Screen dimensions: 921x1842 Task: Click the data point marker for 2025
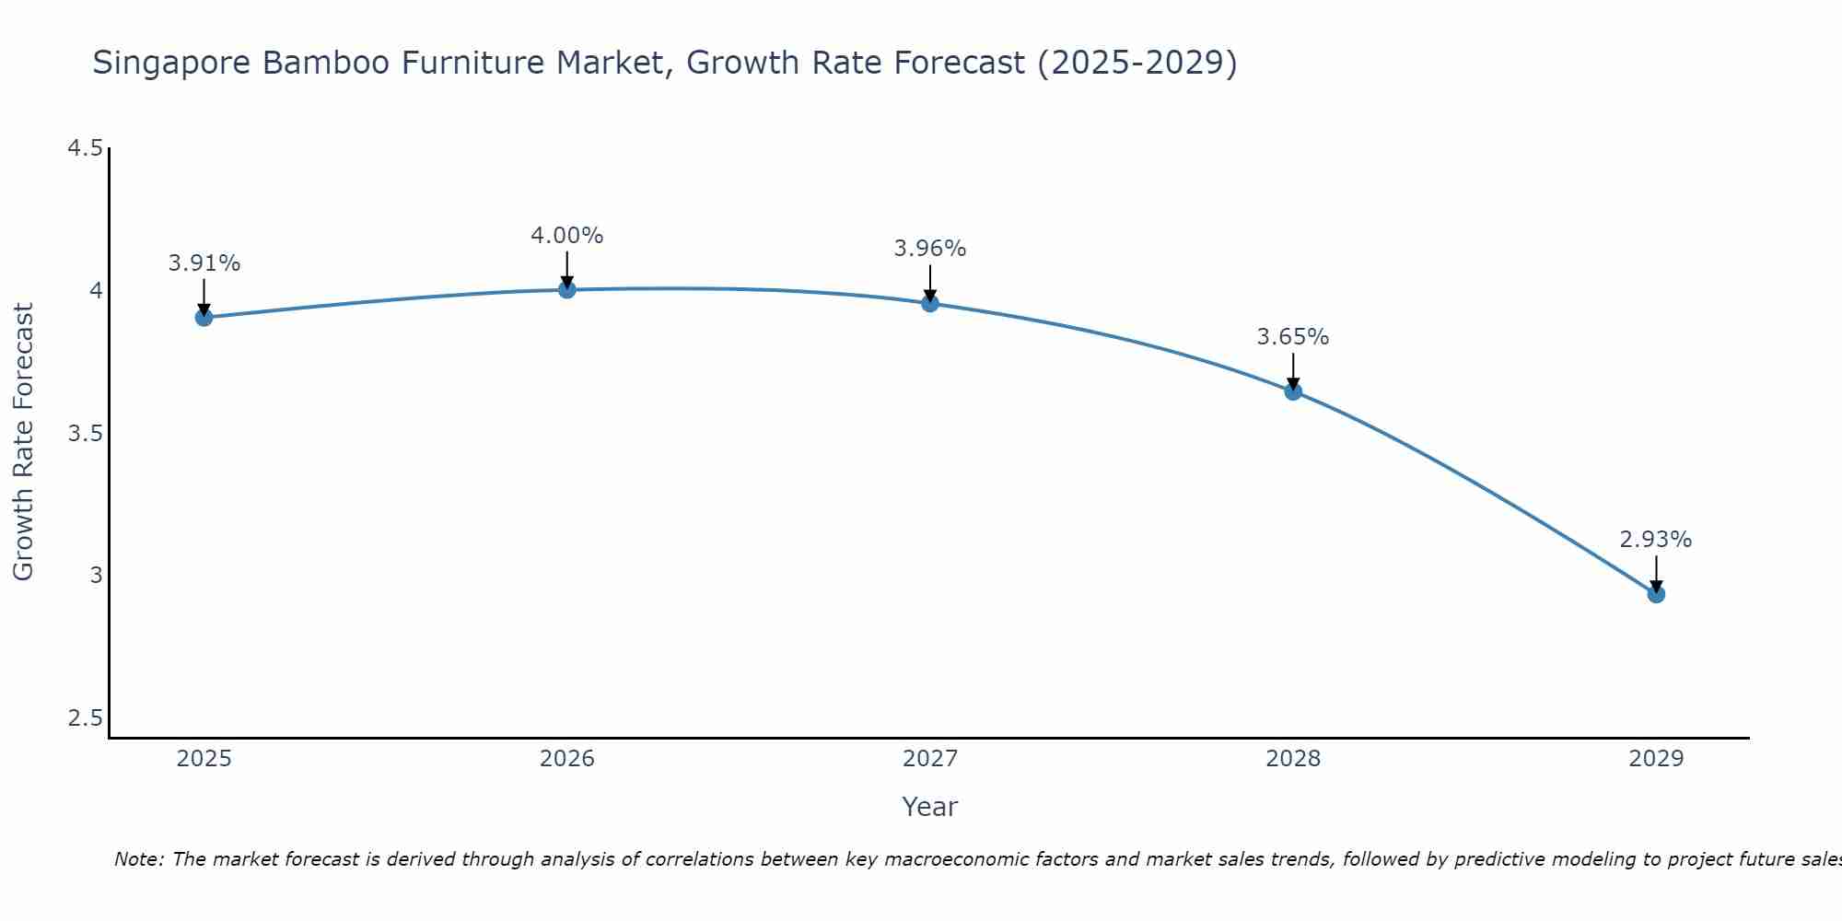click(x=204, y=318)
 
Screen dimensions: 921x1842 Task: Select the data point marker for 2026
click(x=567, y=290)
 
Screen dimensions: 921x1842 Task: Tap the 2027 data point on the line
click(x=930, y=303)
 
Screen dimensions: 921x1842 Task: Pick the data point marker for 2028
click(x=1293, y=391)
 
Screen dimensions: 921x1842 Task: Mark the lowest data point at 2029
click(x=1656, y=594)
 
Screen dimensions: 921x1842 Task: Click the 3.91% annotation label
click(x=204, y=263)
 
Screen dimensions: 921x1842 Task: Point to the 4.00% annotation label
click(x=567, y=236)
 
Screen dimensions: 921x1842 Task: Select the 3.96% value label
click(x=930, y=249)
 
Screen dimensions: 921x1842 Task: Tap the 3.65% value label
click(x=1293, y=337)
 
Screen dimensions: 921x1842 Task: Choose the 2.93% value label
click(x=1656, y=540)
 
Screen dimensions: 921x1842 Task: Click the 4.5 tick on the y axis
click(x=85, y=148)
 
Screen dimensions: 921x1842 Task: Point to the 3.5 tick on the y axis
click(x=85, y=433)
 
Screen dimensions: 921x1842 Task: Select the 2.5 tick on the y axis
click(x=85, y=717)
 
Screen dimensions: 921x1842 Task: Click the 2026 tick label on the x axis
click(x=567, y=759)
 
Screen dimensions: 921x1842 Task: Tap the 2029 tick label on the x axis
click(x=1656, y=759)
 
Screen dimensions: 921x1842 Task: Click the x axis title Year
click(x=930, y=807)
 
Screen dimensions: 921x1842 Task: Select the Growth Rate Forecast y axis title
click(x=24, y=442)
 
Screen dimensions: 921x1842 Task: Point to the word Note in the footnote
click(x=137, y=859)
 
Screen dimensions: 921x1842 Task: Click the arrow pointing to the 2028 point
click(x=1293, y=370)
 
